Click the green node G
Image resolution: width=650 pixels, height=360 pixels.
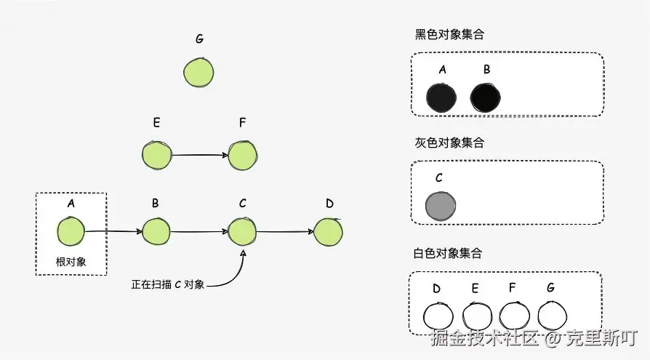click(198, 73)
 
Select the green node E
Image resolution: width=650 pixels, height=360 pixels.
click(156, 155)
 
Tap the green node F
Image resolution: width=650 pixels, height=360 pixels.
click(243, 154)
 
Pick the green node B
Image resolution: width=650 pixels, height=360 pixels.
click(156, 232)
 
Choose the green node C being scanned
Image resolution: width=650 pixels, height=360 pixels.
click(243, 232)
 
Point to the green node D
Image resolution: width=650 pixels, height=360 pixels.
click(329, 231)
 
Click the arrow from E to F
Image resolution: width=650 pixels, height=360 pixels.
click(200, 155)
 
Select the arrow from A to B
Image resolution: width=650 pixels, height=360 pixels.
click(113, 231)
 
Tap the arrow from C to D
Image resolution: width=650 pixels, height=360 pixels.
click(286, 232)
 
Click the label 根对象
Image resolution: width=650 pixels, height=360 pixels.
click(71, 262)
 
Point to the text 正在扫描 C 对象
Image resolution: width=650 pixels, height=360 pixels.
click(168, 284)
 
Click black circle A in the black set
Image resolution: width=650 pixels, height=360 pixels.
click(441, 97)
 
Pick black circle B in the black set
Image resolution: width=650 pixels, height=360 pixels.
click(486, 97)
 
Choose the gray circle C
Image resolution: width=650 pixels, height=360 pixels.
click(440, 206)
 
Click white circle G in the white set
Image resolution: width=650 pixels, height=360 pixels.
click(552, 316)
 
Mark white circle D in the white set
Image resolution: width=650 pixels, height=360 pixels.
click(438, 316)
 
